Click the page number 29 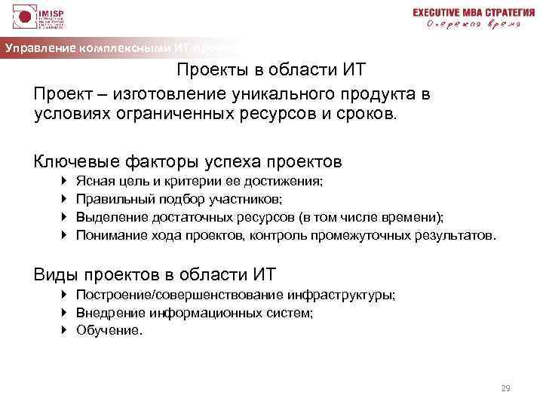[506, 388]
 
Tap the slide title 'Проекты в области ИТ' [271, 70]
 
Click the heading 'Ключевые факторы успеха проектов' [188, 161]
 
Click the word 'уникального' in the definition [286, 93]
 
